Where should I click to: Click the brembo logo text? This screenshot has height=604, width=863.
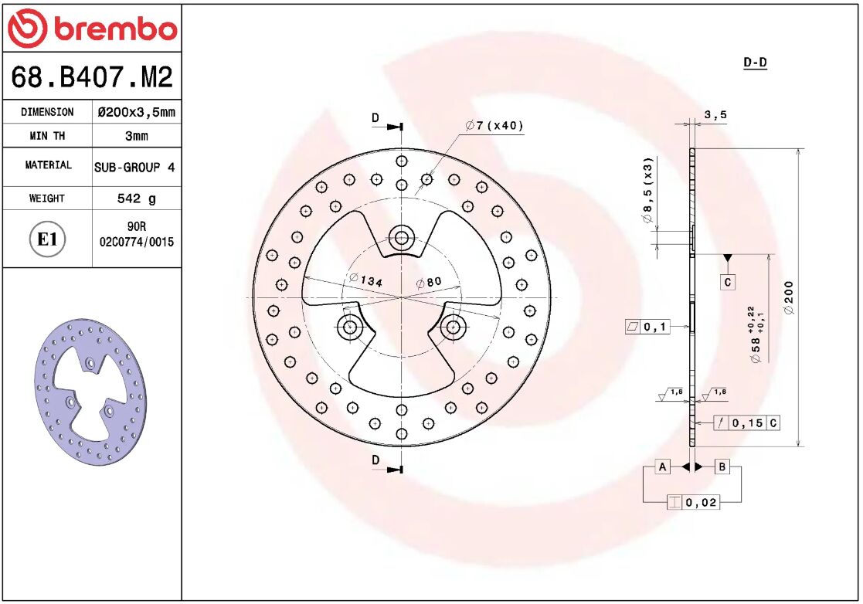coord(114,29)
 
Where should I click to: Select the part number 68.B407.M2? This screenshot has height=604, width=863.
coord(91,77)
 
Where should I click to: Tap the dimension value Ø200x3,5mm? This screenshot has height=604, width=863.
coord(136,112)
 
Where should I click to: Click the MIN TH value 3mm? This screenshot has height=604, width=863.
coord(136,136)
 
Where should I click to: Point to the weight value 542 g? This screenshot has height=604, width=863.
coord(136,199)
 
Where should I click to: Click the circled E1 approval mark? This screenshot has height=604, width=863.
coord(47,239)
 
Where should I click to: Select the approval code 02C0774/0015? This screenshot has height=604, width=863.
coord(137,242)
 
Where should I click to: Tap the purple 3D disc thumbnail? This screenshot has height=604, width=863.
coord(90,391)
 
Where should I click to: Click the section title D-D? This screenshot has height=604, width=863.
coord(754,63)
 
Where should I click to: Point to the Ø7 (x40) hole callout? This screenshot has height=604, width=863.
coord(494,126)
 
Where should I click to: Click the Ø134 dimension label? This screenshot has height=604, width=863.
coord(365,280)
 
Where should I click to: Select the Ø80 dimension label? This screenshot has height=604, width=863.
coord(429,282)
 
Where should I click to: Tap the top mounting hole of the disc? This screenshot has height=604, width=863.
coord(401,236)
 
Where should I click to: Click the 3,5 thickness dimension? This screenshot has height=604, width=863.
coord(715,115)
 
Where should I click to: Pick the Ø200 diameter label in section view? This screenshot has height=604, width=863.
coord(788,298)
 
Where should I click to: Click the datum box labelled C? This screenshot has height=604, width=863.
coord(728,283)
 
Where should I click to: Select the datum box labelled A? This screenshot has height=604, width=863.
coord(662,467)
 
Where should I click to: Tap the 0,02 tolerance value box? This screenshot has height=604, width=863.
coord(702,503)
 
